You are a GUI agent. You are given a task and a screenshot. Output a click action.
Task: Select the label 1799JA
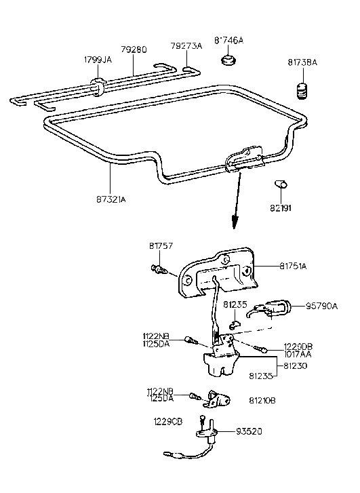pyautogui.click(x=98, y=60)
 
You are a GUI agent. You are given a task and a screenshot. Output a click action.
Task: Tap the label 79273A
pyautogui.click(x=186, y=46)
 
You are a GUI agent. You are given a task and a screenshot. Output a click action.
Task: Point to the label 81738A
pyautogui.click(x=302, y=63)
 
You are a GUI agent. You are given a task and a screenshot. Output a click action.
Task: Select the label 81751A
pyautogui.click(x=294, y=267)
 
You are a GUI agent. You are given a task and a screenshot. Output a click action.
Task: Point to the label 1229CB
pyautogui.click(x=168, y=421)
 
